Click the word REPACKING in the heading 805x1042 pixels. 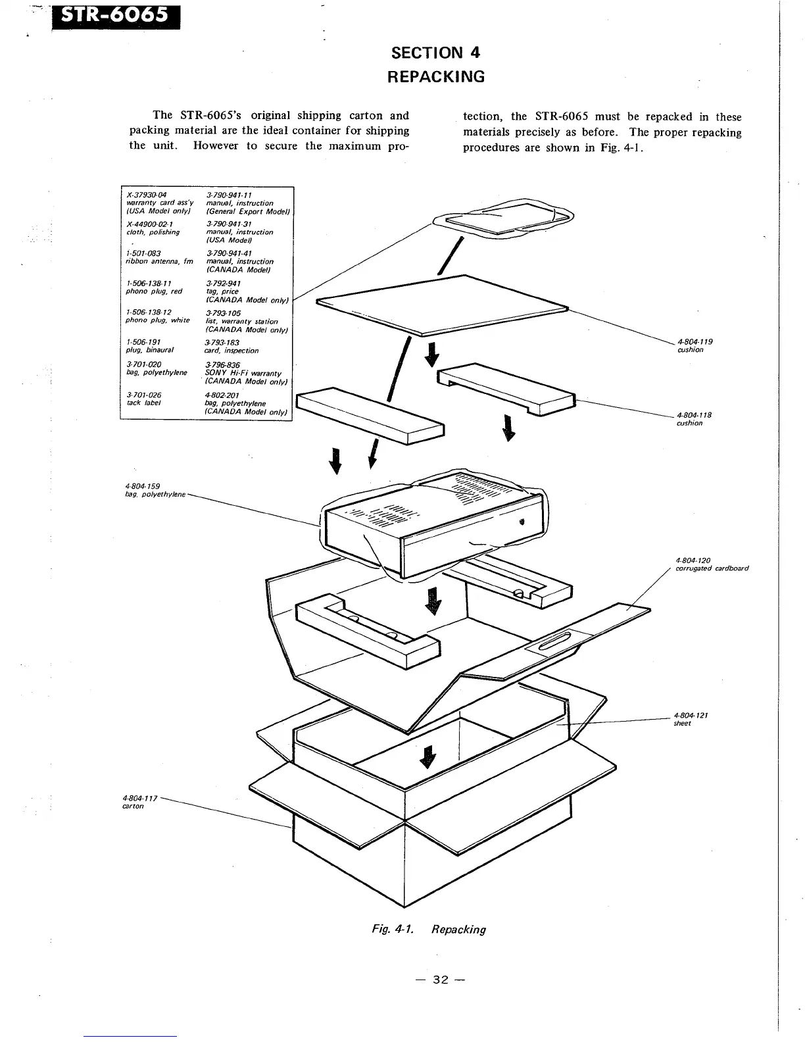[x=435, y=76]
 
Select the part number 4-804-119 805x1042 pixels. [x=695, y=341]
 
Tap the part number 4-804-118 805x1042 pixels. [x=694, y=415]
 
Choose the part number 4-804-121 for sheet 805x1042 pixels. [x=691, y=715]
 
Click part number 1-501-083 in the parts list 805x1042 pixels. [x=143, y=253]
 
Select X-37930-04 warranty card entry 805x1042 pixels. [x=147, y=195]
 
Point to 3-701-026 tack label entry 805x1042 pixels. [x=143, y=399]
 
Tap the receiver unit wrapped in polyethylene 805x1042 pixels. [x=434, y=523]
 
